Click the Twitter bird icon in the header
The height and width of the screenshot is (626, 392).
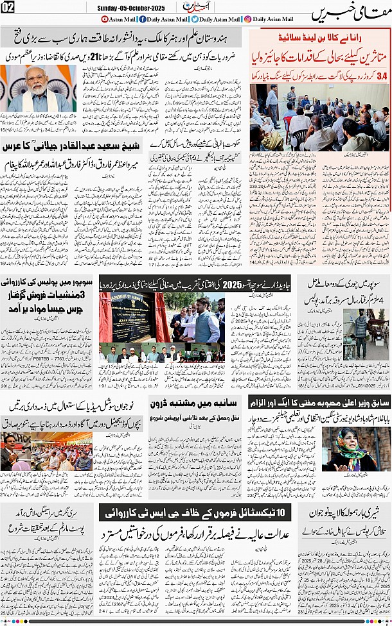pos(194,19)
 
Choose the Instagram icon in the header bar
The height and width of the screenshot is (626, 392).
pos(248,19)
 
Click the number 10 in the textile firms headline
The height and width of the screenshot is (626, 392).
pos(283,511)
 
